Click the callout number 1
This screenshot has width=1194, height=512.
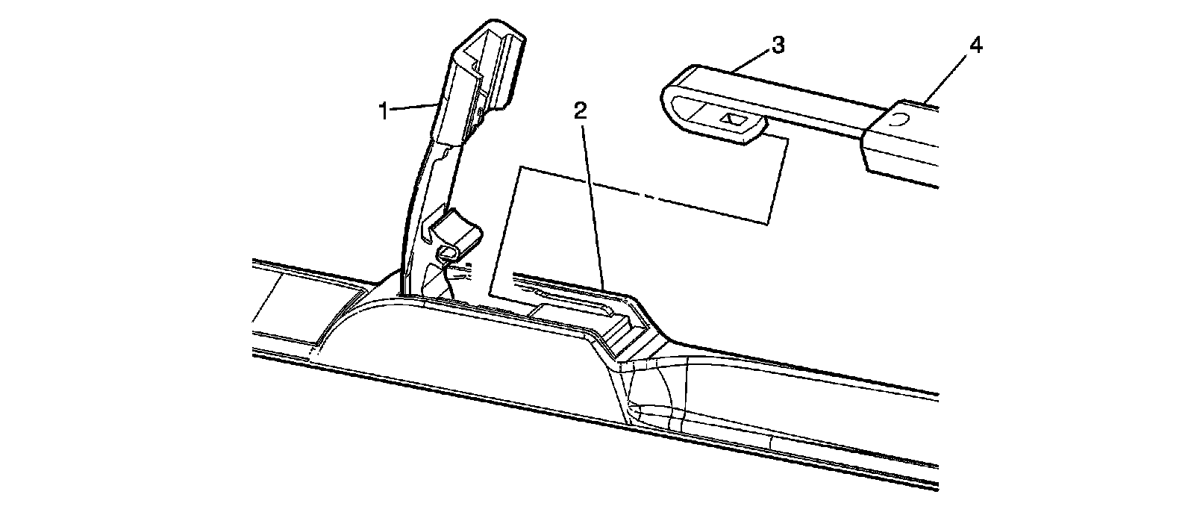coord(384,112)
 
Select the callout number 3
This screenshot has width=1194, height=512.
coord(778,45)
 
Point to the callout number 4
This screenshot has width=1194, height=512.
coord(975,45)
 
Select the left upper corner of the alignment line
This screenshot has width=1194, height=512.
coord(519,167)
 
